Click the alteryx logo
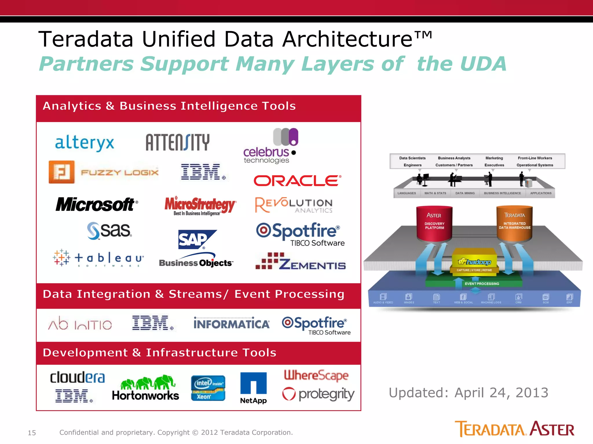click(85, 143)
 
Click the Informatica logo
click(231, 323)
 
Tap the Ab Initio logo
click(80, 324)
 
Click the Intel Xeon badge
click(208, 388)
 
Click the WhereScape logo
click(316, 375)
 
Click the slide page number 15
click(32, 433)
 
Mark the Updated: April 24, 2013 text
click(468, 393)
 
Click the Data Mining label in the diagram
click(465, 193)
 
